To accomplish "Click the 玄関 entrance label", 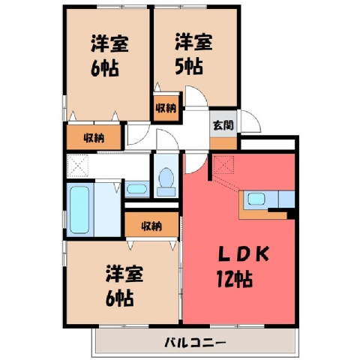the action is click(x=223, y=125).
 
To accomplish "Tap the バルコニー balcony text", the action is click(x=195, y=342).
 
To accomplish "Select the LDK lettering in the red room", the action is click(x=244, y=253).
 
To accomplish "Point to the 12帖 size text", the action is click(x=235, y=279).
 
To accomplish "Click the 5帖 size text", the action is click(x=189, y=66).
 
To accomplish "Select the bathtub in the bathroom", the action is click(x=79, y=210).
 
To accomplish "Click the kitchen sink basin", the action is click(x=256, y=199).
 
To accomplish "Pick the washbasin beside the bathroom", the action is click(x=136, y=189).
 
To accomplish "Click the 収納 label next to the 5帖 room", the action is click(x=166, y=108).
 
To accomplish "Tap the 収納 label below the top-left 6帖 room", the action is click(x=94, y=138).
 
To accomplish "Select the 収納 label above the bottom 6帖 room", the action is click(x=151, y=226).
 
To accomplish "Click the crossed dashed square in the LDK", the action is click(x=224, y=164).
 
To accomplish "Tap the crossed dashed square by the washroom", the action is click(x=77, y=166).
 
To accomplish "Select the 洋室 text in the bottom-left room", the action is click(x=124, y=274).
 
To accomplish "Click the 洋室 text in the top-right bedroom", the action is click(x=193, y=42).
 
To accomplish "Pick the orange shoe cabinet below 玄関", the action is click(x=223, y=143).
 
